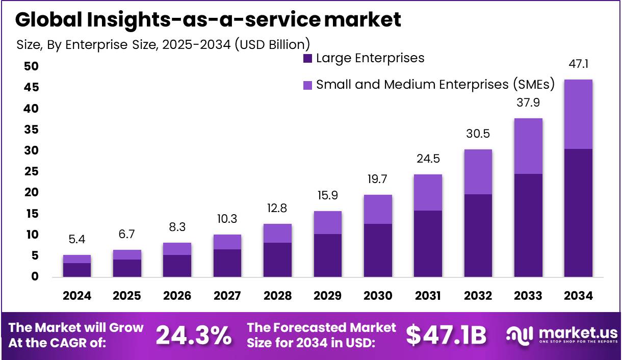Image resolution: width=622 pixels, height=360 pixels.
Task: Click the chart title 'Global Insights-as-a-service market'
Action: (x=208, y=19)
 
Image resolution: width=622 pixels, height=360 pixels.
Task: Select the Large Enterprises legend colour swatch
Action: (x=307, y=58)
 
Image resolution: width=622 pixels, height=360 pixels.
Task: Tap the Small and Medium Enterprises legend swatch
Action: (x=307, y=85)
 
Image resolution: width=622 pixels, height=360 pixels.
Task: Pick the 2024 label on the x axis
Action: (x=77, y=296)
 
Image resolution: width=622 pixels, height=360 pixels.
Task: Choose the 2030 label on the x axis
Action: (x=378, y=296)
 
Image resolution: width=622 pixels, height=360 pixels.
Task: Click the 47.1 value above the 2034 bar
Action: (x=578, y=64)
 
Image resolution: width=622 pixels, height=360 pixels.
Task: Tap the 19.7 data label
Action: (x=378, y=179)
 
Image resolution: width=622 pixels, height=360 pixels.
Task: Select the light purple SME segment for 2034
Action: (x=578, y=114)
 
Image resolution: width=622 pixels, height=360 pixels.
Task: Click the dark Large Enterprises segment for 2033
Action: (x=528, y=225)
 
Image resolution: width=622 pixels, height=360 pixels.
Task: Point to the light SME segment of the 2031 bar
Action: (x=428, y=192)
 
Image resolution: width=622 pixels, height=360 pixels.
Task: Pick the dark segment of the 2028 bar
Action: (x=277, y=260)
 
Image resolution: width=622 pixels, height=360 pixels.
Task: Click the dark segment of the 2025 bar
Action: (x=127, y=268)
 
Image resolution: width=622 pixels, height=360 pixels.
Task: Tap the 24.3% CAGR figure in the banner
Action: (x=193, y=335)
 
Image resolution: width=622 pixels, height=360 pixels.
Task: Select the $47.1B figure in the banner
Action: (x=446, y=335)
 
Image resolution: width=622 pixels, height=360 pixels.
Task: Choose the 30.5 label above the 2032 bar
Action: (x=478, y=134)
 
